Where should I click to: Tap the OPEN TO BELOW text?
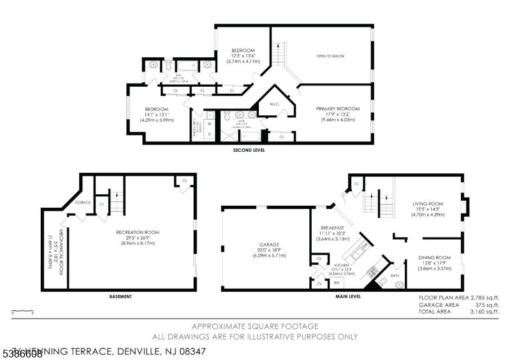330,56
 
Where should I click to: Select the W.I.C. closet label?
275,104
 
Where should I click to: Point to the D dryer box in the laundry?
209,135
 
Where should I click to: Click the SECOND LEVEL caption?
249,150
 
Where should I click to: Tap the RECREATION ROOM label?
138,232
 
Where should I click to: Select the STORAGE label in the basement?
84,203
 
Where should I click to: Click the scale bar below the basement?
23,311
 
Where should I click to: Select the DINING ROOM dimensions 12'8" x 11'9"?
435,263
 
